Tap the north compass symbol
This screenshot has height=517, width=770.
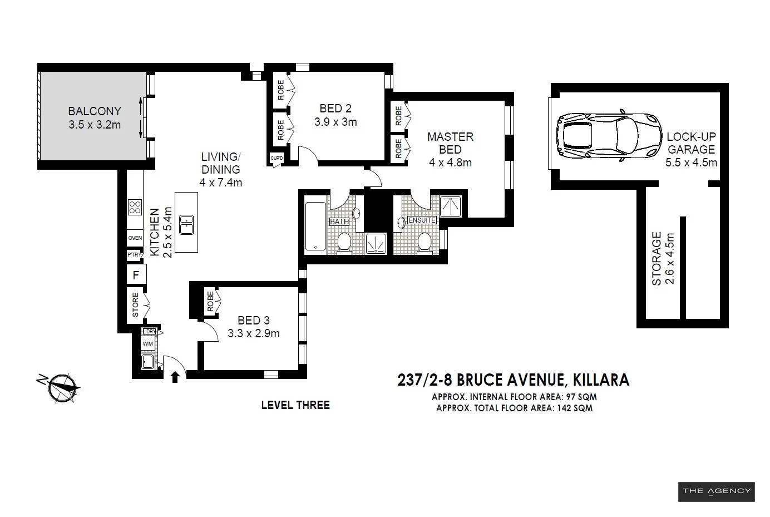pos(62,386)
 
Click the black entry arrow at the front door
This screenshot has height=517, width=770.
pos(175,377)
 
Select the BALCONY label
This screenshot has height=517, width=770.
pos(95,111)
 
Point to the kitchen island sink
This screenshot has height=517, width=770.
pos(186,224)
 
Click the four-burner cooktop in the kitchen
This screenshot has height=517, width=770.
pos(135,208)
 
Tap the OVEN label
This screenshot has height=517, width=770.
pos(135,238)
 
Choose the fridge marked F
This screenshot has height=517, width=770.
pos(136,274)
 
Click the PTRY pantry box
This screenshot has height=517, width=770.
pos(134,255)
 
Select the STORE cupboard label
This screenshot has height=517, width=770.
pos(136,305)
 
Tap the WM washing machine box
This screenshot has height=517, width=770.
pos(147,344)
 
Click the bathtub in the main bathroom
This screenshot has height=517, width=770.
pos(315,228)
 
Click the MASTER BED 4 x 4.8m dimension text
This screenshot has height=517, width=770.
pos(450,163)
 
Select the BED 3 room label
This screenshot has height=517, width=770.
pos(253,321)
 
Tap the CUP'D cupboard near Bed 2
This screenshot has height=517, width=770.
pos(277,158)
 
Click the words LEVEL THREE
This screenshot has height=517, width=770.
pos(295,405)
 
